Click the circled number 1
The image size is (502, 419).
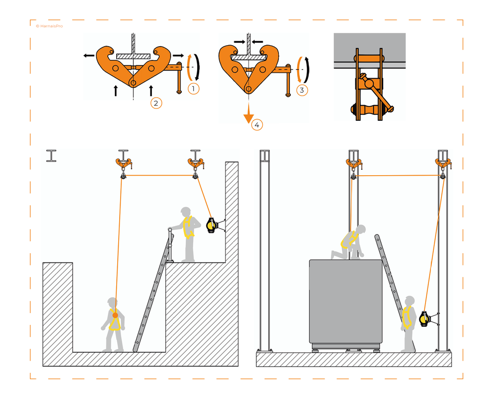(x=194, y=89)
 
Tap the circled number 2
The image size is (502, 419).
(x=156, y=103)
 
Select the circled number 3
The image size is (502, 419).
(x=302, y=90)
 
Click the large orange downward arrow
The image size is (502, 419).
(x=249, y=114)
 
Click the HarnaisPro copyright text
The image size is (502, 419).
(x=49, y=26)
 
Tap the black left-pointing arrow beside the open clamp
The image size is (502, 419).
(x=89, y=56)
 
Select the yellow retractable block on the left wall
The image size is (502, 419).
(x=212, y=225)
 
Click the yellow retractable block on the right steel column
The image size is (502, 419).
(x=425, y=319)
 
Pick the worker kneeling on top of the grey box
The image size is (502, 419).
(x=351, y=242)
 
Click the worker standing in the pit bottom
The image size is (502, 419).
(x=114, y=324)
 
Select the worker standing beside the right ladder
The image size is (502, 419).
(x=407, y=323)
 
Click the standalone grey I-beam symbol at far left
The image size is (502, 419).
(x=51, y=156)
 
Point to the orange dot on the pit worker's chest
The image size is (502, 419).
(x=115, y=315)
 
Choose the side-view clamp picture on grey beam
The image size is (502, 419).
(x=370, y=77)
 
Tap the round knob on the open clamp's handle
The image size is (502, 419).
(x=179, y=91)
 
